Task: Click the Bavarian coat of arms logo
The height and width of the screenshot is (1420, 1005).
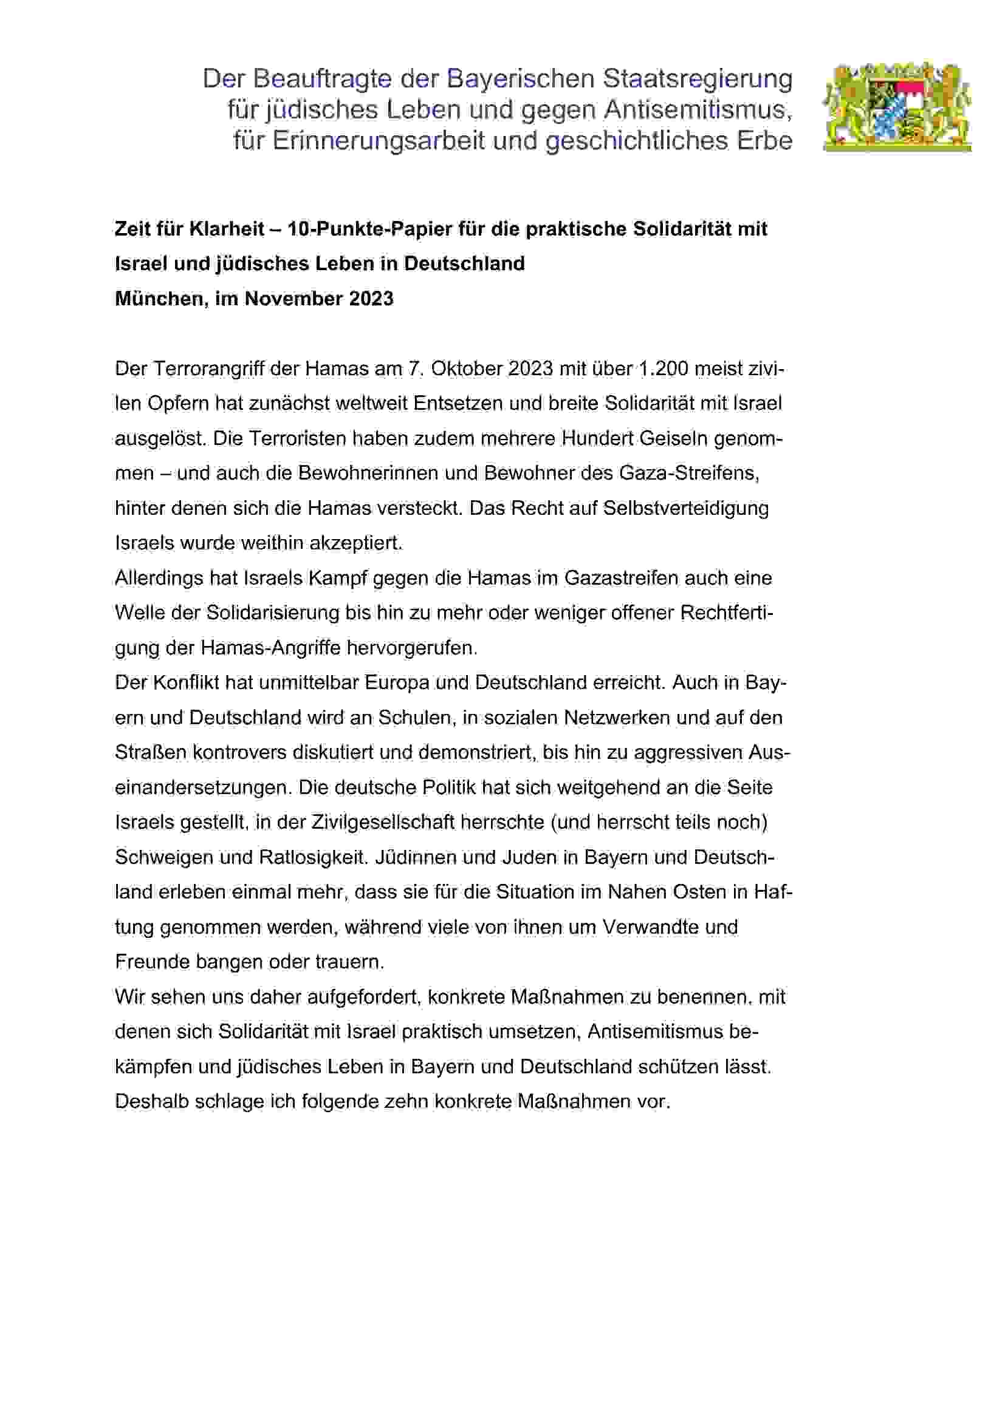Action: tap(896, 106)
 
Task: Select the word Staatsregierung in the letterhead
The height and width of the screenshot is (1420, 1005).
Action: tap(698, 79)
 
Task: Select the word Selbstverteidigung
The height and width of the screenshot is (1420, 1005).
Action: tap(685, 508)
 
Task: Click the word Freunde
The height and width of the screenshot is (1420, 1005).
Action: tap(153, 962)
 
